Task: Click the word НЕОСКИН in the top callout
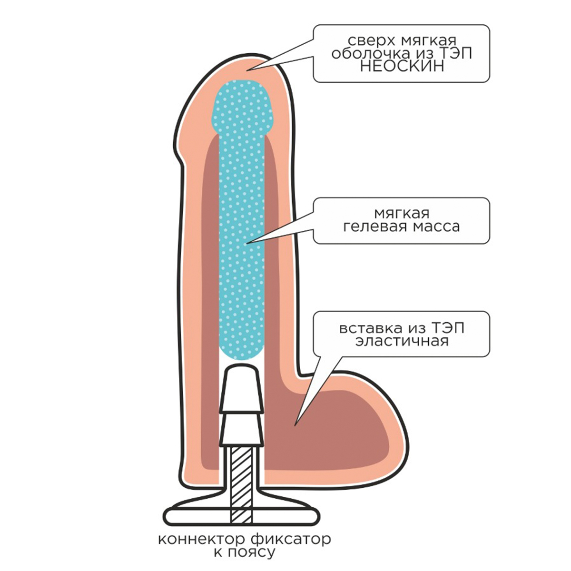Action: click(401, 67)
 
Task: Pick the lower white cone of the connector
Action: click(242, 428)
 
